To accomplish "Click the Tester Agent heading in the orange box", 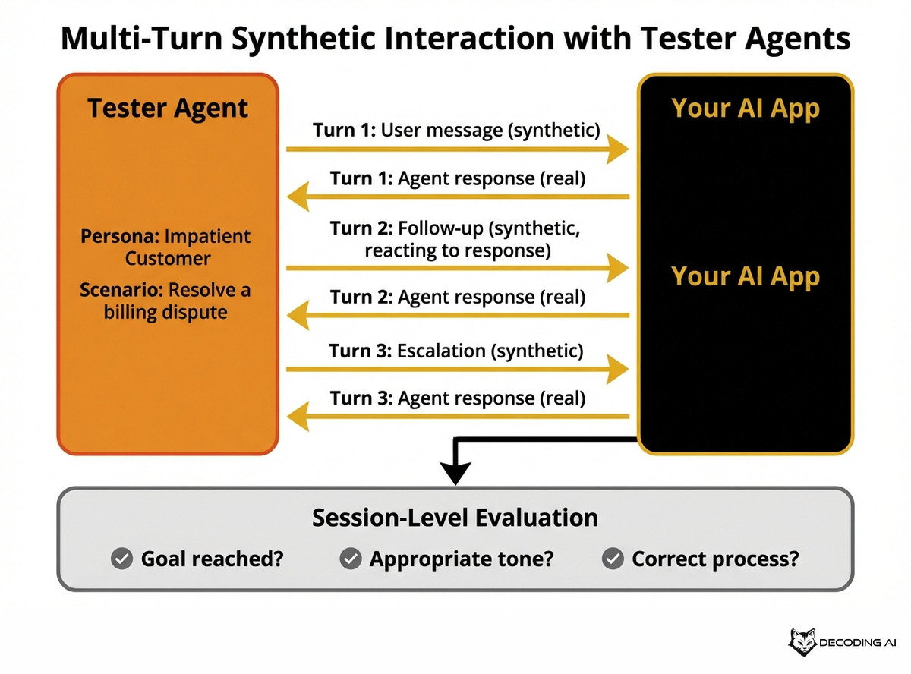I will (x=168, y=108).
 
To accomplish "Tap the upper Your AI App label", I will (x=746, y=108).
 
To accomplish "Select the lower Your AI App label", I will (x=746, y=276).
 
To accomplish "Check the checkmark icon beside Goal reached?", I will (x=121, y=559).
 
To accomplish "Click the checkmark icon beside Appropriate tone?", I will (x=350, y=559).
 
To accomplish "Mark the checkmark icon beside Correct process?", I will (x=612, y=559).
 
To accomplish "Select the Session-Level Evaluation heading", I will (x=455, y=518).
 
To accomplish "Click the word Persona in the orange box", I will (x=115, y=235).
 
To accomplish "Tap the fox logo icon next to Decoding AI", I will (x=802, y=642).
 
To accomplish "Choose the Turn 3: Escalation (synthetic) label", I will (x=456, y=351).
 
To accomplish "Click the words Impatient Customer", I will (x=168, y=247).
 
